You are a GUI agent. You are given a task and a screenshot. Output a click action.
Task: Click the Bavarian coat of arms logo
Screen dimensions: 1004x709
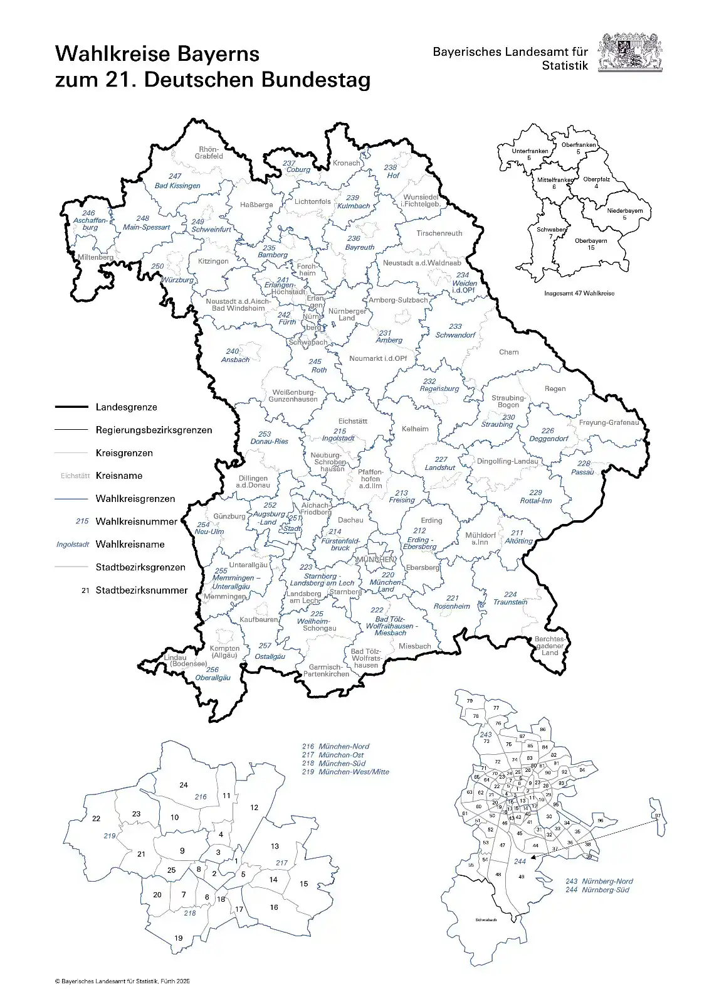coord(629,53)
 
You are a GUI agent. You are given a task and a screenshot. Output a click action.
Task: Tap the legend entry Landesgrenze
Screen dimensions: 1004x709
coord(126,407)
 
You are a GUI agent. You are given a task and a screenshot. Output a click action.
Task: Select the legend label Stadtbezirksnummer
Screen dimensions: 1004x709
coord(141,590)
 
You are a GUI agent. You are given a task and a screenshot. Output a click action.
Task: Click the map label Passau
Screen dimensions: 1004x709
coord(582,472)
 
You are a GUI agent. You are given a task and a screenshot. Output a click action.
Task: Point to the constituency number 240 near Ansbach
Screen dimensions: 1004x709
coord(232,351)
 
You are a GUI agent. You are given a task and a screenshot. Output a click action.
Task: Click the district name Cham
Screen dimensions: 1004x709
coord(508,352)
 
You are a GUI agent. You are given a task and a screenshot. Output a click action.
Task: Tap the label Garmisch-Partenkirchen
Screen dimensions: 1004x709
coord(326,671)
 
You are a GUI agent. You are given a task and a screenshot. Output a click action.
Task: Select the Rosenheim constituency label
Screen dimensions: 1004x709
coord(451,606)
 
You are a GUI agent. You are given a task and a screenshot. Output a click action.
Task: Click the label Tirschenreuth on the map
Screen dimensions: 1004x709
coord(439,233)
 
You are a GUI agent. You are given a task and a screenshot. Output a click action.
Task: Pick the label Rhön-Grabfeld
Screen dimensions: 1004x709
coord(209,152)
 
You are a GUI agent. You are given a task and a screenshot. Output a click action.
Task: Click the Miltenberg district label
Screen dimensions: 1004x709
coord(96,257)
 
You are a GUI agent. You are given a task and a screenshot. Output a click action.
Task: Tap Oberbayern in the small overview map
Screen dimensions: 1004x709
coord(591,241)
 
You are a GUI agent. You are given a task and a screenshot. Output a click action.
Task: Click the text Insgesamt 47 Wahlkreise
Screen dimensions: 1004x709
coord(579,293)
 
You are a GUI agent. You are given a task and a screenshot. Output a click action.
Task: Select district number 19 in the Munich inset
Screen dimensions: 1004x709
coord(178,938)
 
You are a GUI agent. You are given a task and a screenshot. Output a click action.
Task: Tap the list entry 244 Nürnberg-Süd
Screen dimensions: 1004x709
coord(599,890)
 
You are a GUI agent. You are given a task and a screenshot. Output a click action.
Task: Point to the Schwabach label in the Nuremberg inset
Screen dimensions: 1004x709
coord(486,920)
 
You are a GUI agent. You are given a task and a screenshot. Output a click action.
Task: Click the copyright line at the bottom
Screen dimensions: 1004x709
coord(122,981)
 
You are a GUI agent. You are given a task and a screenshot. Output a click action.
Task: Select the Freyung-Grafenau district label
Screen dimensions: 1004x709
coord(608,422)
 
